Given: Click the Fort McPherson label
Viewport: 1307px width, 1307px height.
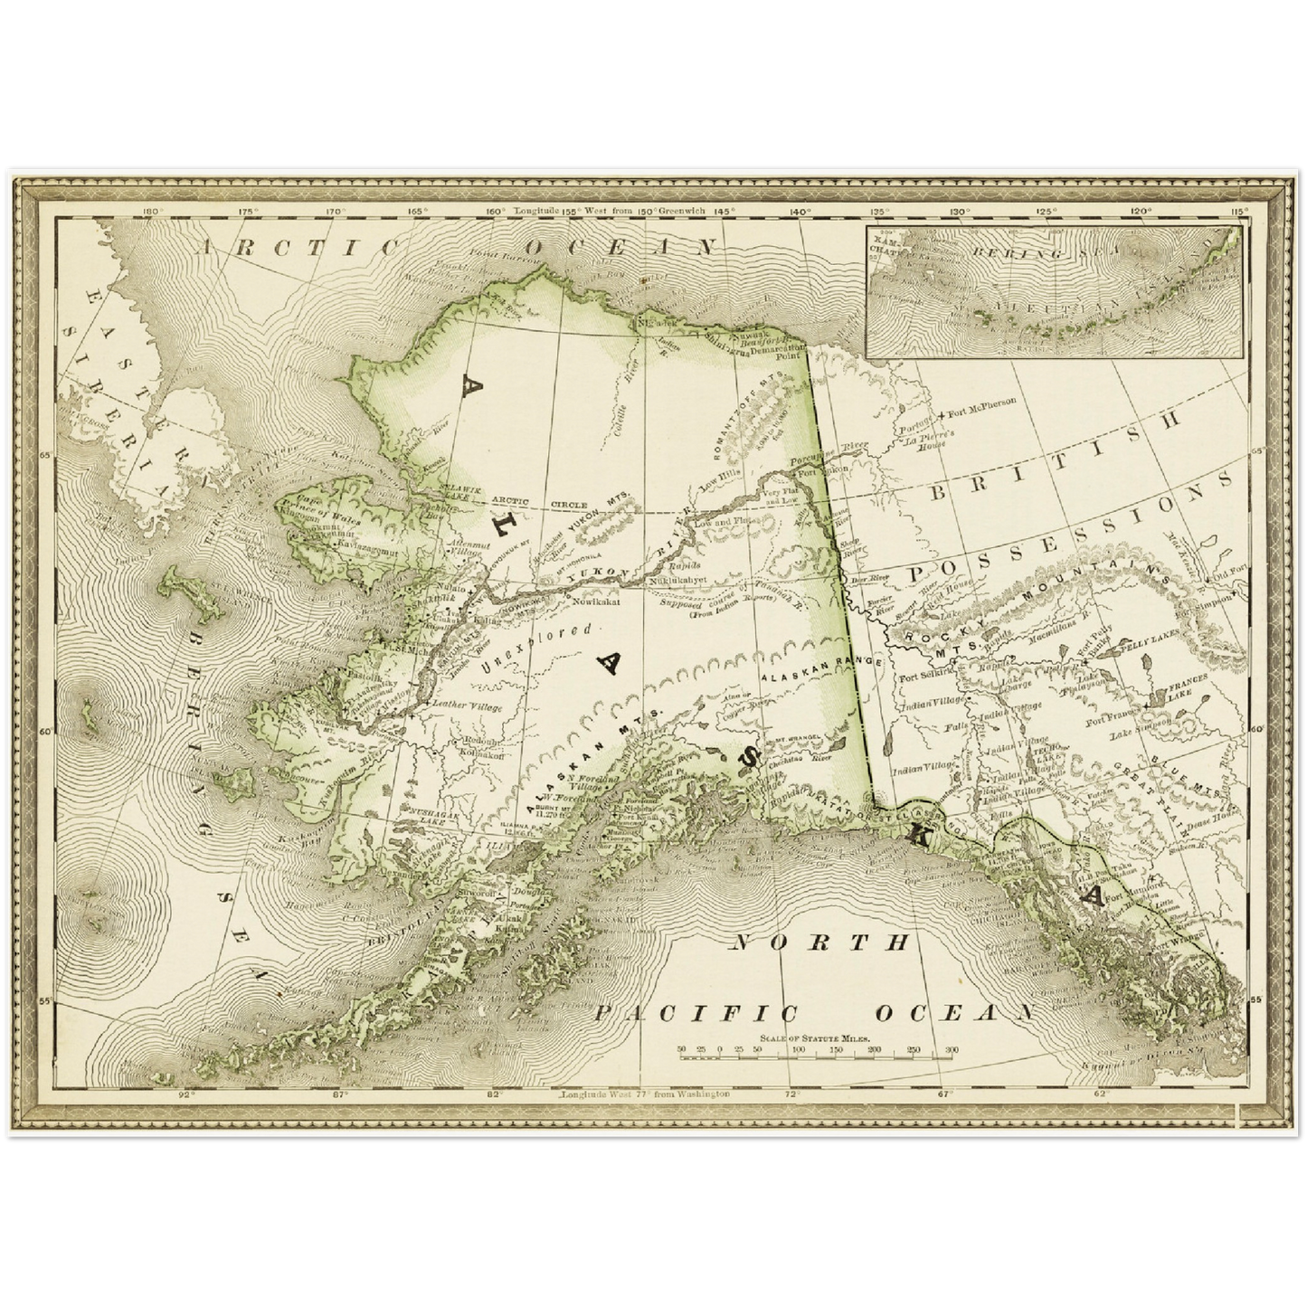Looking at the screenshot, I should click(x=982, y=401).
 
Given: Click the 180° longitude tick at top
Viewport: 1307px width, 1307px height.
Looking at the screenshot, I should click(x=152, y=213).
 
